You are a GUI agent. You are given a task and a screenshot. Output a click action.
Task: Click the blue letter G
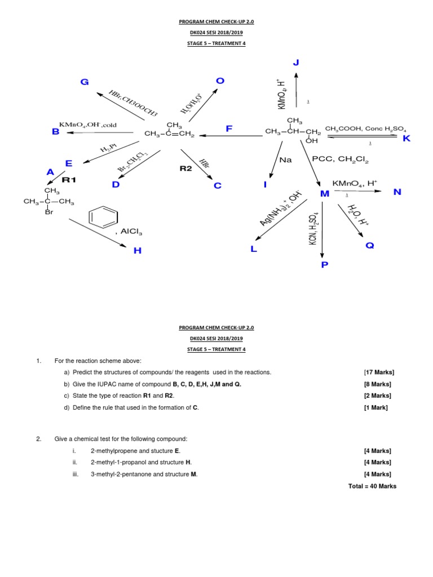click(x=85, y=82)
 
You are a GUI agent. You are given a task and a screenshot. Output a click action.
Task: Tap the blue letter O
click(x=220, y=81)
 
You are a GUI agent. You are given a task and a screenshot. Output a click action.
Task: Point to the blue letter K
click(x=407, y=139)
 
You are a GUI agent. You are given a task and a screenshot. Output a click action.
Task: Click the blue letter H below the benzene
click(x=137, y=251)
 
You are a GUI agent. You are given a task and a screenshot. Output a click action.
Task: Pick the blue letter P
click(x=324, y=265)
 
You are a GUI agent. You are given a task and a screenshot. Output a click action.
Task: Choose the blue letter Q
click(x=369, y=246)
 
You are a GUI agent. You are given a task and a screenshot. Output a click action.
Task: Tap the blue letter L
click(x=254, y=248)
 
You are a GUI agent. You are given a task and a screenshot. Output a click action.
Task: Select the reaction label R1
click(x=68, y=180)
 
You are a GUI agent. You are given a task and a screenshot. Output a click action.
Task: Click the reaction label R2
click(x=186, y=168)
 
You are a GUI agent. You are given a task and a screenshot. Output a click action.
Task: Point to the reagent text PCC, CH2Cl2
click(x=340, y=161)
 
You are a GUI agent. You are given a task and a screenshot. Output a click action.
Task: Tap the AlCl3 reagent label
click(x=131, y=232)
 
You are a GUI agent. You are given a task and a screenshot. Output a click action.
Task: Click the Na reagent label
click(x=286, y=160)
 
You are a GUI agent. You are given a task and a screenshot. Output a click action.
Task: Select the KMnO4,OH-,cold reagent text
click(x=85, y=125)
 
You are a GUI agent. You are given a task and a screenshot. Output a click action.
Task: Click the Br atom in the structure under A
click(x=49, y=212)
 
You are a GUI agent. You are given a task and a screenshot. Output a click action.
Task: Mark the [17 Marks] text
click(x=379, y=372)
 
